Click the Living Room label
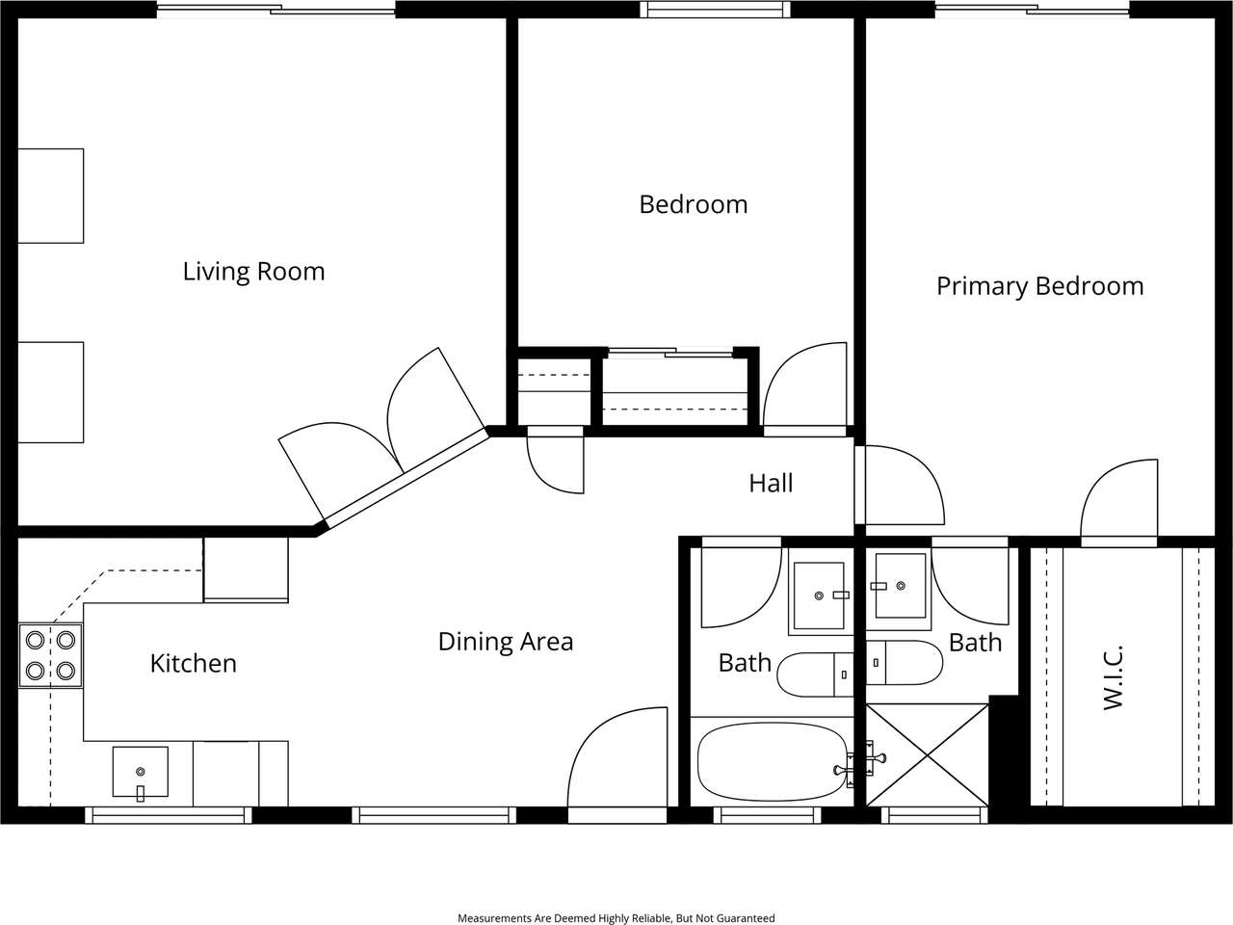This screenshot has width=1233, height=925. point(253,272)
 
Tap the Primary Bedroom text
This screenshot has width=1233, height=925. point(1039,286)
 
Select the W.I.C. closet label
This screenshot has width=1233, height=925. point(1114,678)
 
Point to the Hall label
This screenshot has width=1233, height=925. point(771,483)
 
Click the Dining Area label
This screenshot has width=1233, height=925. point(505,642)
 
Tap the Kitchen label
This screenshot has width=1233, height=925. point(193,663)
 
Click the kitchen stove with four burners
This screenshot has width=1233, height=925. point(50,655)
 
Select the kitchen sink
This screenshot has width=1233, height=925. point(141,772)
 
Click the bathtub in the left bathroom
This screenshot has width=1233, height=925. point(772,761)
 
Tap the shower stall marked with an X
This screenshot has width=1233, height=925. point(928,754)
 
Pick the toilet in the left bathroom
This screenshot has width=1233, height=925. point(815,674)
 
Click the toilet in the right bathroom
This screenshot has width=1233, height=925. point(905,662)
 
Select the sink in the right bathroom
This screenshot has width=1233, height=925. point(900,586)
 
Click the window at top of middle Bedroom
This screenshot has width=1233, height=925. point(716,10)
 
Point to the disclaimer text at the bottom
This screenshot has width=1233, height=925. point(616,918)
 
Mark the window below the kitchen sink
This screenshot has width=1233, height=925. point(169,815)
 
